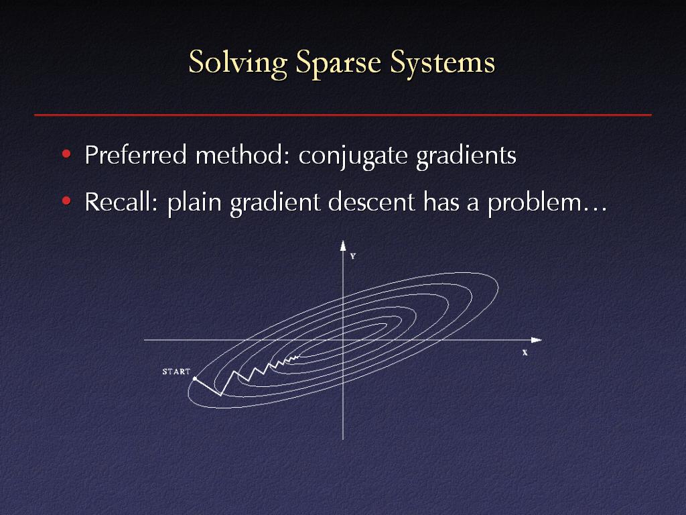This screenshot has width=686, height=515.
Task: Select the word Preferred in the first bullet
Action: coord(135,155)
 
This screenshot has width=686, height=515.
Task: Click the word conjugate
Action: coord(352,157)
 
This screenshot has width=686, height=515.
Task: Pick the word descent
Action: coord(371,202)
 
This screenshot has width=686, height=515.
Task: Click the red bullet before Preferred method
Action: coord(66,154)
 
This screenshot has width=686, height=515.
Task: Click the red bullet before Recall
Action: coord(66,201)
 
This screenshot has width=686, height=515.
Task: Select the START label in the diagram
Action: coord(176,371)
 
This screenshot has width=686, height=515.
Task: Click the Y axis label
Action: coord(353,256)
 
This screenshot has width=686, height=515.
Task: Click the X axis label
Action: coord(525,353)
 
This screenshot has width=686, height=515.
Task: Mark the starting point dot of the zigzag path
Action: coord(195,378)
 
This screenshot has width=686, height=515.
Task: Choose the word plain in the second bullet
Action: coord(194,204)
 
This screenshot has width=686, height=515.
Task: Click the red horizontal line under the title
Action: coord(343,115)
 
